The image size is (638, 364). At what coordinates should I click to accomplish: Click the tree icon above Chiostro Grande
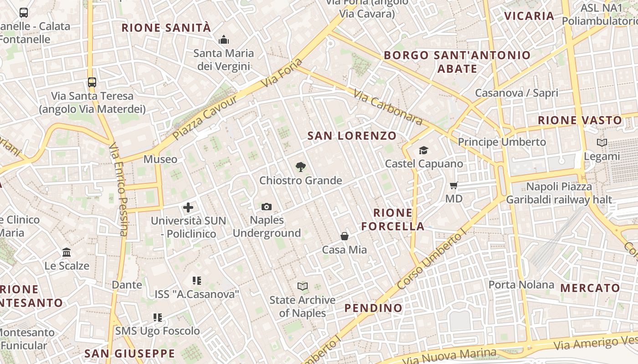pyautogui.click(x=300, y=167)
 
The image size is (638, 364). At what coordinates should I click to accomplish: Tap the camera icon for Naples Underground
pyautogui.click(x=267, y=207)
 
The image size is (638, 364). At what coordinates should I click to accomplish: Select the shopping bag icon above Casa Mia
pyautogui.click(x=345, y=236)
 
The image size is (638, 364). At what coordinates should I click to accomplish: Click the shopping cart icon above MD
pyautogui.click(x=453, y=185)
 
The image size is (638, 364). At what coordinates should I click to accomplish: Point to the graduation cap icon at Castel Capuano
pyautogui.click(x=424, y=150)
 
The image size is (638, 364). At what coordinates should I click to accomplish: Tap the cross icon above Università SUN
pyautogui.click(x=188, y=208)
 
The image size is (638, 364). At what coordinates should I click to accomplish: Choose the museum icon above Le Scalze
pyautogui.click(x=67, y=252)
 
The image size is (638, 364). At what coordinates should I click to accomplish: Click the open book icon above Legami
pyautogui.click(x=602, y=143)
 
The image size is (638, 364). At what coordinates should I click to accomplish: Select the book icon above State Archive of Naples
pyautogui.click(x=303, y=286)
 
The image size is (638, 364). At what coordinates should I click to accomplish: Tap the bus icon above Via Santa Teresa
pyautogui.click(x=92, y=82)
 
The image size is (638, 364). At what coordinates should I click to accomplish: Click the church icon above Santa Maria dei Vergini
pyautogui.click(x=223, y=40)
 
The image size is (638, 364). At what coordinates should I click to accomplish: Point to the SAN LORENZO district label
pyautogui.click(x=352, y=136)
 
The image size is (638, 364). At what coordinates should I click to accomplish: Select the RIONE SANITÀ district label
pyautogui.click(x=166, y=28)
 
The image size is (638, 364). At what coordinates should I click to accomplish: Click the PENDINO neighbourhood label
pyautogui.click(x=373, y=308)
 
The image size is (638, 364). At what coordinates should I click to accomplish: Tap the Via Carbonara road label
pyautogui.click(x=388, y=108)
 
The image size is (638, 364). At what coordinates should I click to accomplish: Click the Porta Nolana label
pyautogui.click(x=521, y=285)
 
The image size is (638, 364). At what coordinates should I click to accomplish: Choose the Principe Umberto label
pyautogui.click(x=502, y=142)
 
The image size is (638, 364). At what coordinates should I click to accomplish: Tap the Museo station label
pyautogui.click(x=160, y=159)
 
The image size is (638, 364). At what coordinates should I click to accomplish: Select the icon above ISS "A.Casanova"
pyautogui.click(x=197, y=281)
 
